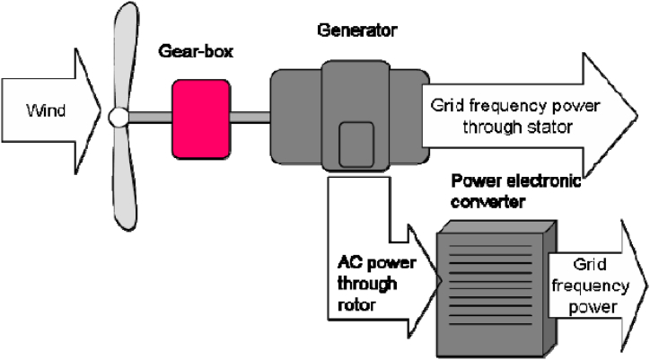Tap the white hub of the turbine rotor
[117, 116]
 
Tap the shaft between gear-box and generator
[250, 115]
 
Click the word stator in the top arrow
[549, 127]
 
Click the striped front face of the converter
[481, 278]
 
